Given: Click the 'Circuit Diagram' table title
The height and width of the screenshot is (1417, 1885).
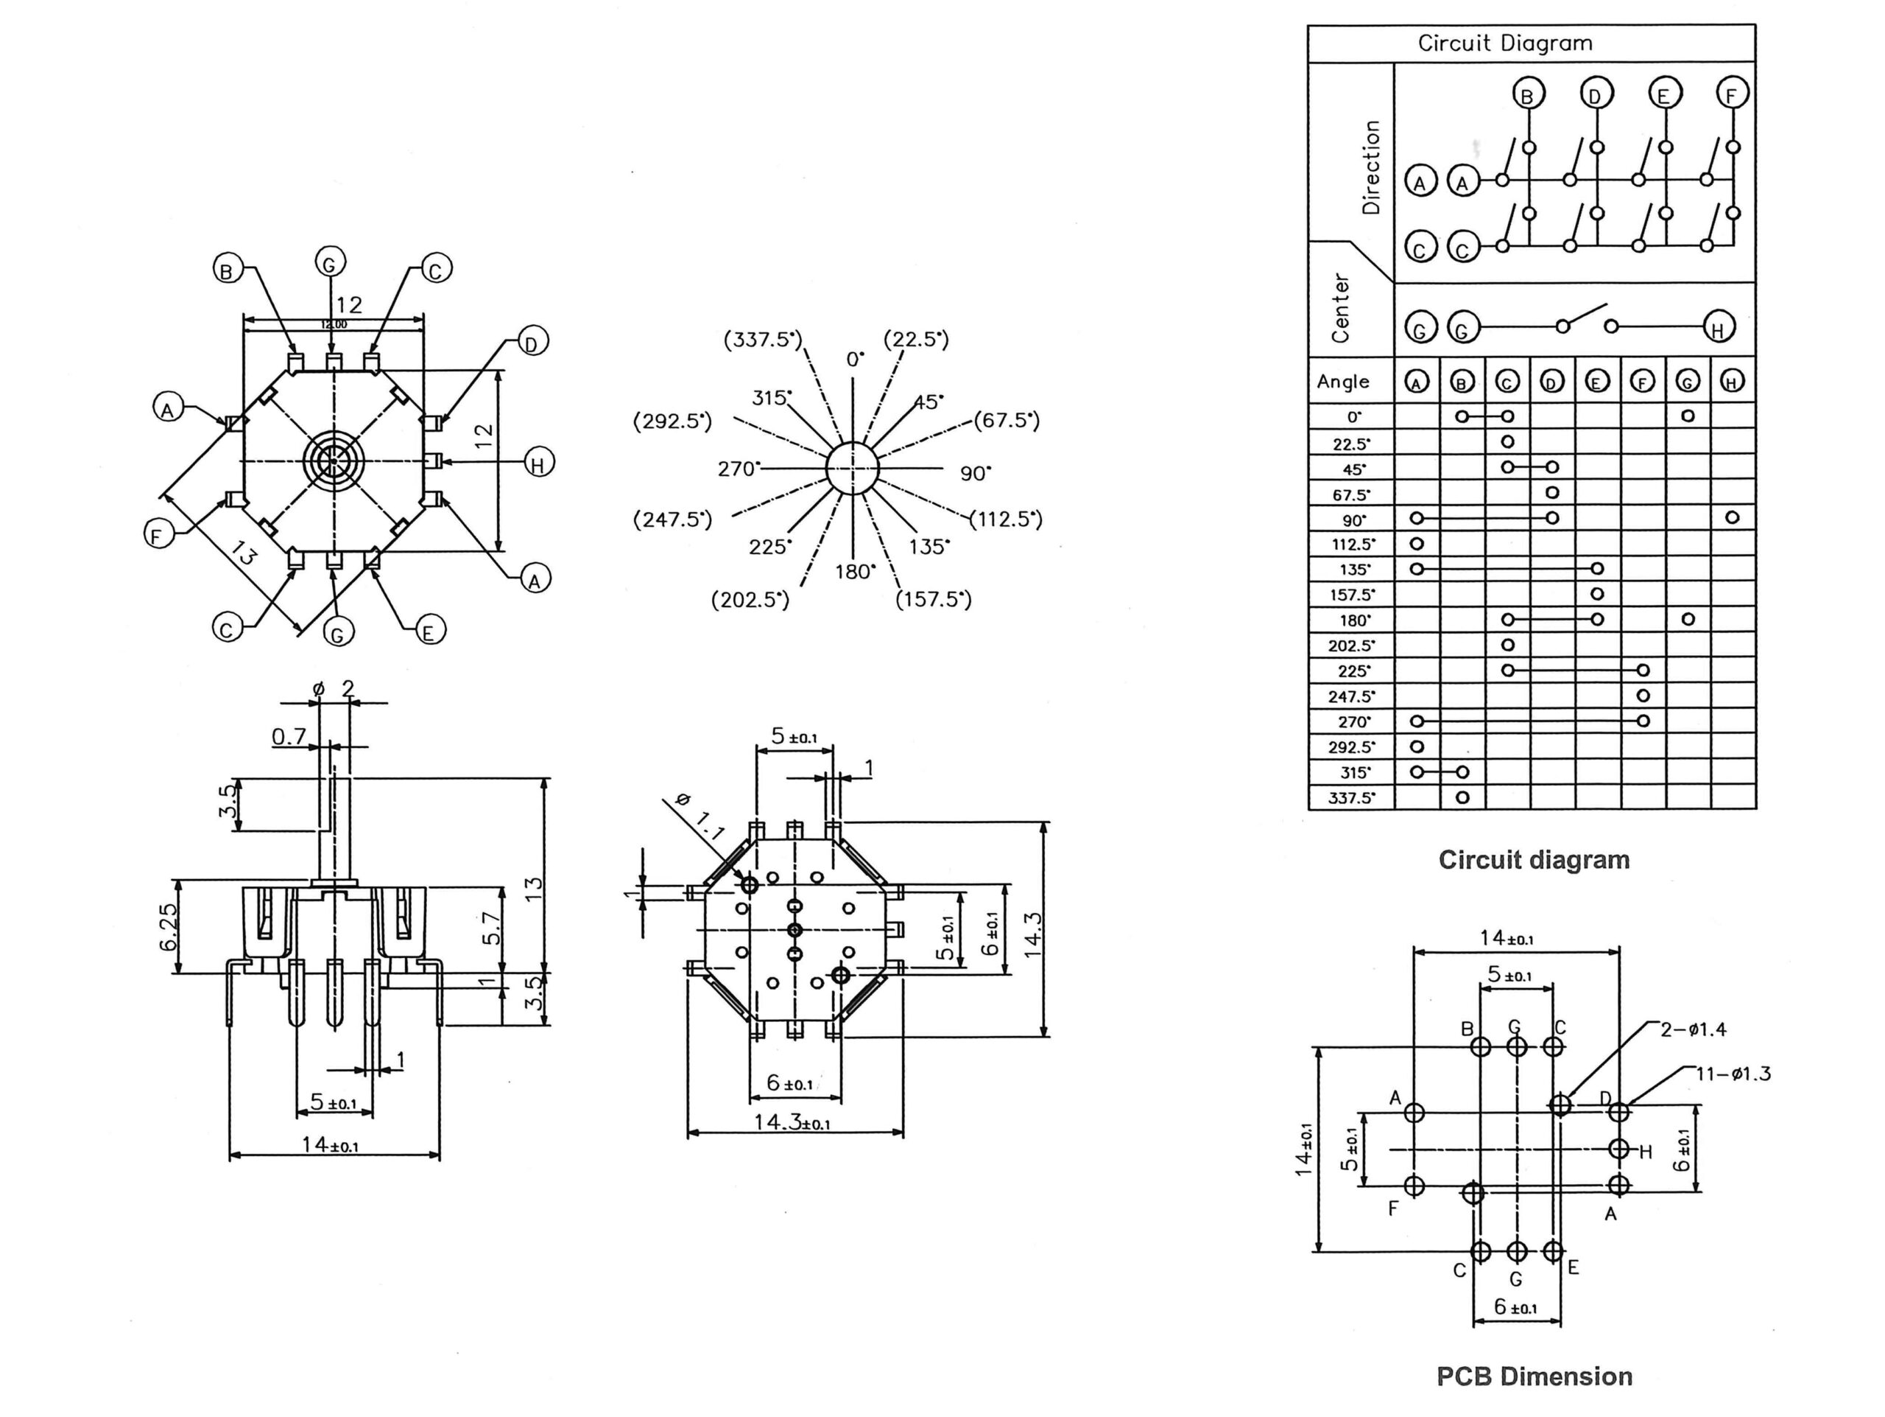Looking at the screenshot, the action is pos(1505,43).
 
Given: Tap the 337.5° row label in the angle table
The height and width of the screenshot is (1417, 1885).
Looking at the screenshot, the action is pos(1352,798).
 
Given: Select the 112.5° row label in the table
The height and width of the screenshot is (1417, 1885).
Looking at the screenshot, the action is pos(1353,544).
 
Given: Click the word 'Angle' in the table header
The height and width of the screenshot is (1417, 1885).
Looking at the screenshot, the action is pos(1343,381).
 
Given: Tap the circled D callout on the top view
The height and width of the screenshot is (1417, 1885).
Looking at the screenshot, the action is pos(532,343).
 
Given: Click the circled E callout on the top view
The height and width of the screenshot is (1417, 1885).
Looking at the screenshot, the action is pos(429,631).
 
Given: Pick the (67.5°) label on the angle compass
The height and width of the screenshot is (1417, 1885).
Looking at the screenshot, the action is pos(1007,420).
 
